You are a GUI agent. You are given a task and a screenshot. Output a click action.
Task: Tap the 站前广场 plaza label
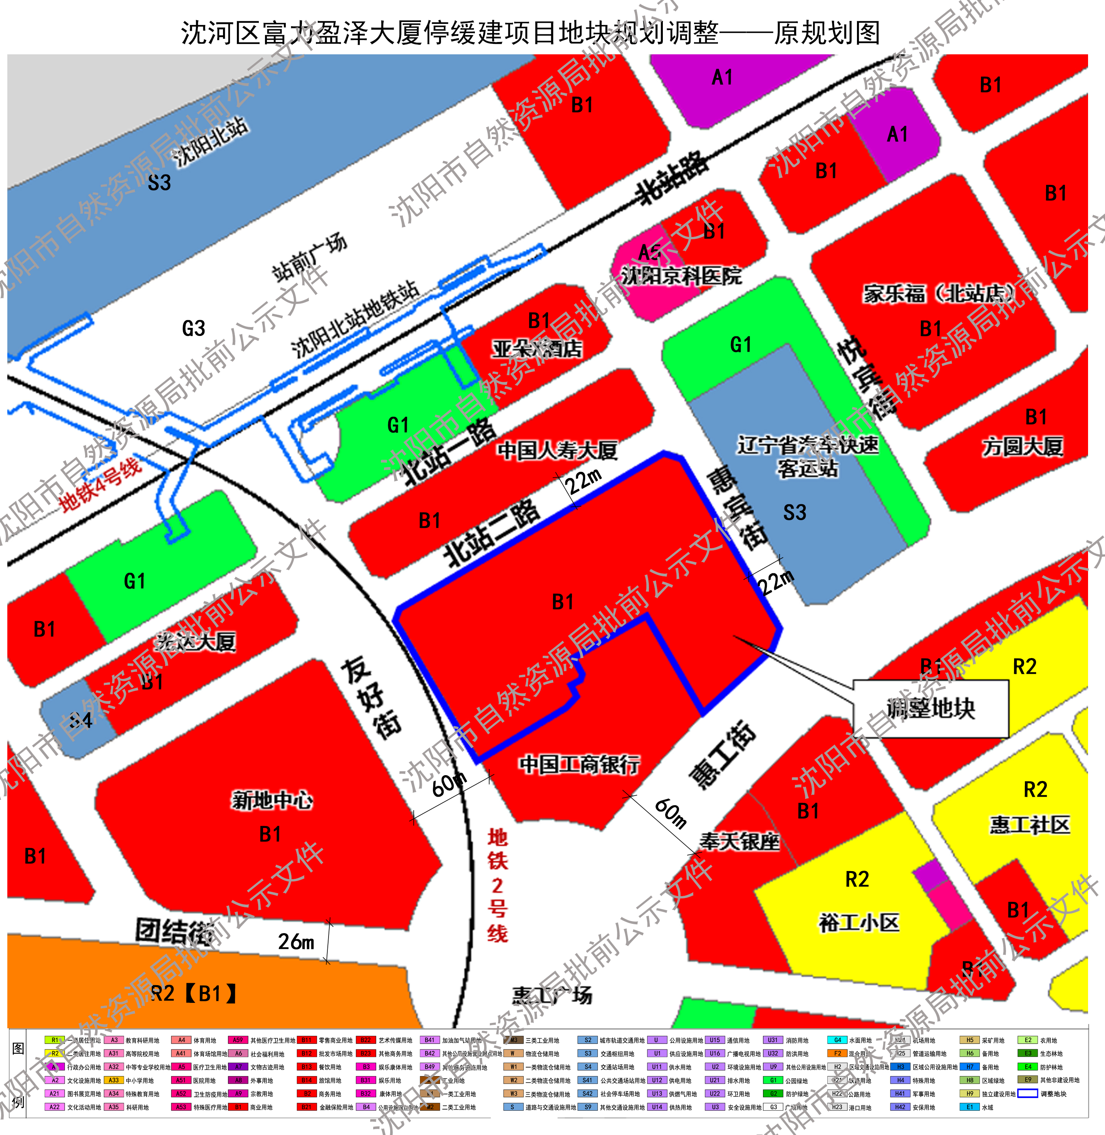[310, 259]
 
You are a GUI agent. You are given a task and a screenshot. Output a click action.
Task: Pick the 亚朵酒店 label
[537, 348]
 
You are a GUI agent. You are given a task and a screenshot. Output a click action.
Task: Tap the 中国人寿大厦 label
[557, 450]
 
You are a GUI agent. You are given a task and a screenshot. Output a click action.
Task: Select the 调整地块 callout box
[930, 708]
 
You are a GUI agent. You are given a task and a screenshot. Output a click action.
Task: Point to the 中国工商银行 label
[580, 764]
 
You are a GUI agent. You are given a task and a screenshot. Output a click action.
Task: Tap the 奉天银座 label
[739, 841]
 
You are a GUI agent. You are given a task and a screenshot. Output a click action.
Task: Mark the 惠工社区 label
[1030, 824]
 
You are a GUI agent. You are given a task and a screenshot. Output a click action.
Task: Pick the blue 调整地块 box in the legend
[1028, 1094]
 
